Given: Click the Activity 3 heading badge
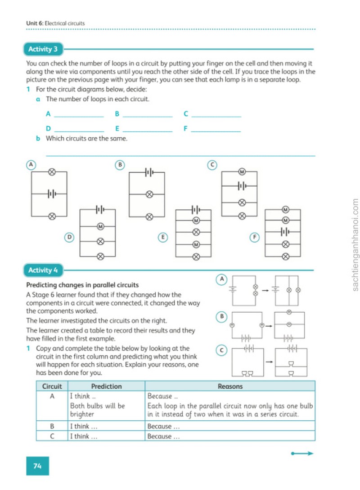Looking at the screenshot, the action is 43,49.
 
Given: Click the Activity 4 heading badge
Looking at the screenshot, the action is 43,270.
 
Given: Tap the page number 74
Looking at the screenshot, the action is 37,466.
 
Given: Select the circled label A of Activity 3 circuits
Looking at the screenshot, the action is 31,165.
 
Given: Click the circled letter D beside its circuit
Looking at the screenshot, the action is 69,237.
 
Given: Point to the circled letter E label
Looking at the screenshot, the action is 162,237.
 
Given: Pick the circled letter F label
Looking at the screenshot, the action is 255,237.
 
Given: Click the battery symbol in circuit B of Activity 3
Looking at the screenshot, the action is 149,172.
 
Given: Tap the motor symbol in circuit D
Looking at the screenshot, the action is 100,226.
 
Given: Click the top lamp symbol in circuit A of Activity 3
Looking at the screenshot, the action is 52,171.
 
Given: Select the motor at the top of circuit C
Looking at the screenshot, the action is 242,171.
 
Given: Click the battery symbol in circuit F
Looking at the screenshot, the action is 285,232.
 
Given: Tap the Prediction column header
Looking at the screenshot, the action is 107,386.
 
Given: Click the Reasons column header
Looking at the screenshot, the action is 230,386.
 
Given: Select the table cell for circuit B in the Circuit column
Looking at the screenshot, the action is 52,426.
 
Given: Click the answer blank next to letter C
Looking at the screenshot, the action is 216,117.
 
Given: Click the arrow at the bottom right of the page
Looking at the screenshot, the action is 302,454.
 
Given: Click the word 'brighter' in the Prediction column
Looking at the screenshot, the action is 82,414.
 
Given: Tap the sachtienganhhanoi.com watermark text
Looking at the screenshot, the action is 355,245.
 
